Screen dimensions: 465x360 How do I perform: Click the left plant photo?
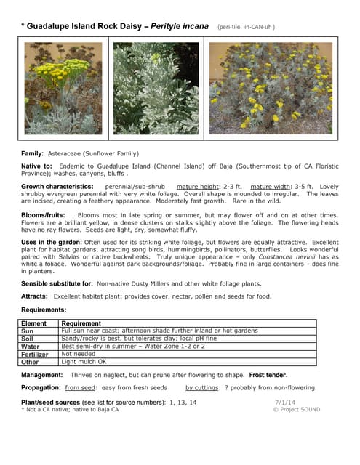point(63,88)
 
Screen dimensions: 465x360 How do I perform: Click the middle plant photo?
point(156,88)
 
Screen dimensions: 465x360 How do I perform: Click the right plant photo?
point(271,88)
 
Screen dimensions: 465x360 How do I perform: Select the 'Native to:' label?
point(37,166)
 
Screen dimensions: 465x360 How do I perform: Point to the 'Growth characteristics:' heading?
point(56,186)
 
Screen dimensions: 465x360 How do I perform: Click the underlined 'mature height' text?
point(198,186)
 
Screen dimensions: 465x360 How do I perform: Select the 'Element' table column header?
point(34,323)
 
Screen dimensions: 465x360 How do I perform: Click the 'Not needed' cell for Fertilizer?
point(79,354)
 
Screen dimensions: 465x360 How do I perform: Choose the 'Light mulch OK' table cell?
point(84,362)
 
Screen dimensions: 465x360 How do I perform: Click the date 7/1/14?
point(285,401)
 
